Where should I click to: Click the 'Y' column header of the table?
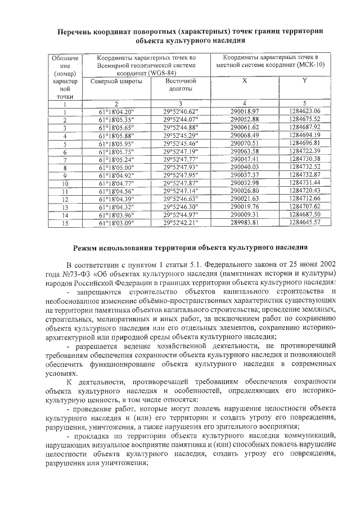pyautogui.click(x=304, y=81)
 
